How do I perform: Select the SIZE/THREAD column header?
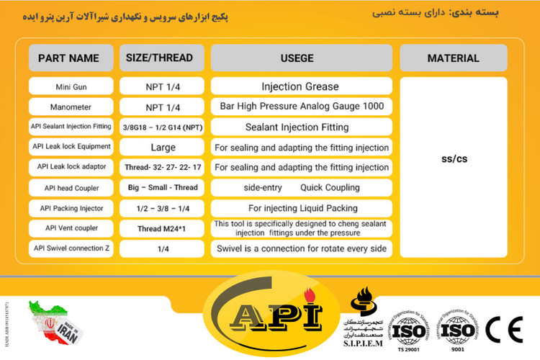[162, 58]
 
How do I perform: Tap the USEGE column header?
[301, 58]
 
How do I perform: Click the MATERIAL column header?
[453, 58]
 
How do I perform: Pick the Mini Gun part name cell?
[71, 86]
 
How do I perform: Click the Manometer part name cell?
[71, 107]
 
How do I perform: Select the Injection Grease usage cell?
[301, 86]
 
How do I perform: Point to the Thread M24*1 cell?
[162, 229]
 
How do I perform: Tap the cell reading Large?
[162, 147]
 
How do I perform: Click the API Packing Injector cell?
[71, 208]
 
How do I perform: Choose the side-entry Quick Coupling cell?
[301, 188]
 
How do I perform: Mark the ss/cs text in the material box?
[454, 158]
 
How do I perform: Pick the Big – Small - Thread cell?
[162, 188]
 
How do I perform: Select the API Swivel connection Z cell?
[71, 248]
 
